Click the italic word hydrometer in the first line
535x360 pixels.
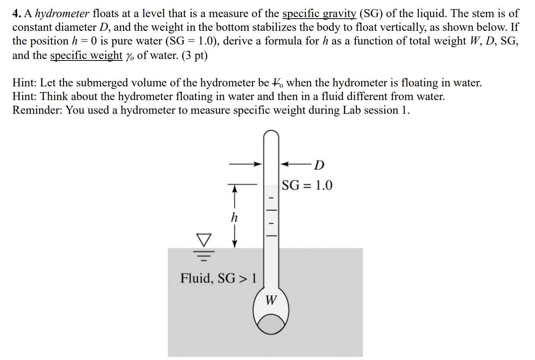click(x=62, y=14)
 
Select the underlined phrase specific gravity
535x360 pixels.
click(x=319, y=14)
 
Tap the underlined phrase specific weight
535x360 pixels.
click(x=86, y=55)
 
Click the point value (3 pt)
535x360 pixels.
click(x=194, y=55)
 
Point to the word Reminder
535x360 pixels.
click(x=37, y=110)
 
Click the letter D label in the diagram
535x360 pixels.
click(x=319, y=165)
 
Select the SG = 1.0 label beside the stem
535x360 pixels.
click(x=307, y=185)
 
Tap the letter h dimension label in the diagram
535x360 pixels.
click(x=234, y=218)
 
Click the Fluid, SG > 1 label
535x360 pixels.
click(x=218, y=278)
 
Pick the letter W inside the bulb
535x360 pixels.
click(x=271, y=300)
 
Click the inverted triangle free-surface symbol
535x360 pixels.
click(x=204, y=240)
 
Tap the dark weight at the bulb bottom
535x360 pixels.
click(x=271, y=325)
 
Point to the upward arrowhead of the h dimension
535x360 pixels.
click(x=235, y=188)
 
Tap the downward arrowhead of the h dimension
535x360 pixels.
click(x=235, y=244)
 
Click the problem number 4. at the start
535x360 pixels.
click(x=16, y=14)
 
